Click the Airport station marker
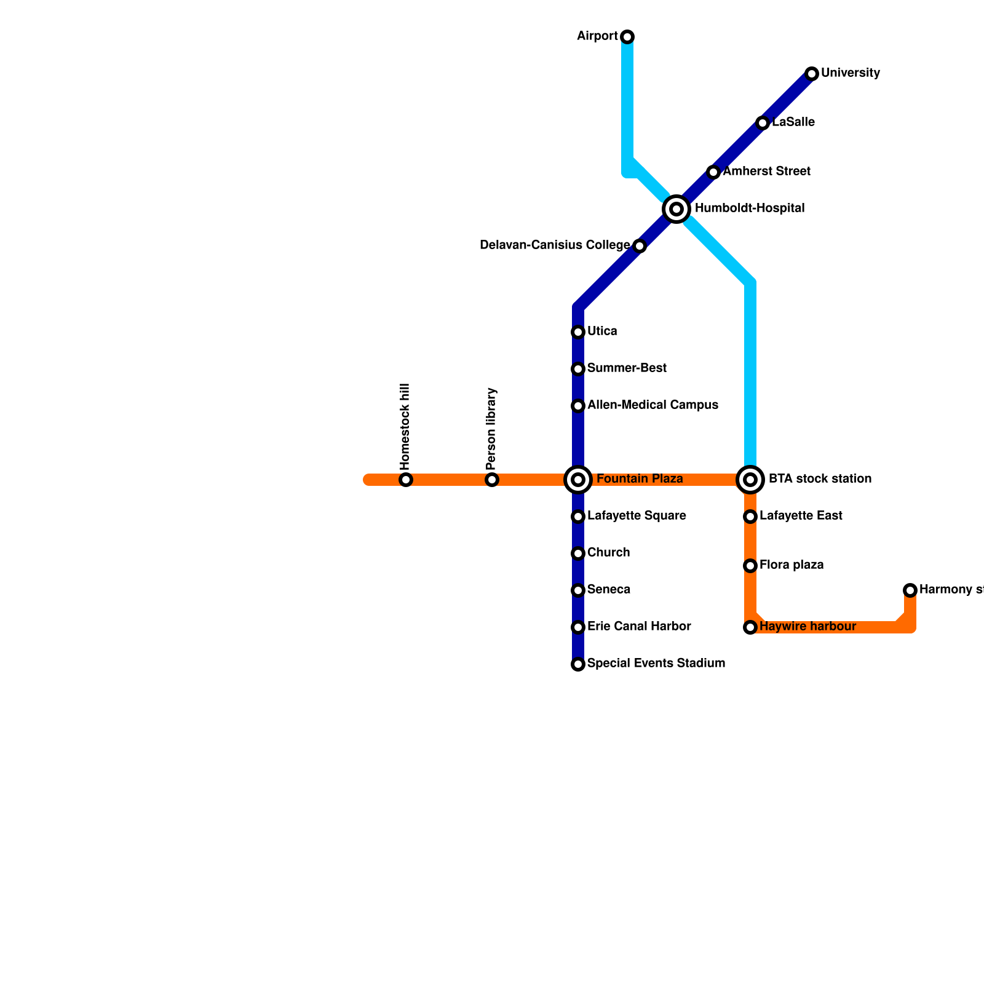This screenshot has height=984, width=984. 627,37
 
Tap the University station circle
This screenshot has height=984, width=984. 812,74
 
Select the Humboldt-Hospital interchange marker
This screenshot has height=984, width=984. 676,209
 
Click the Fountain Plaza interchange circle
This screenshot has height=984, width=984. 578,480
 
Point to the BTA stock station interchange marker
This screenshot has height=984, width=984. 750,480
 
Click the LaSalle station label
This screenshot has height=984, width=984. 793,122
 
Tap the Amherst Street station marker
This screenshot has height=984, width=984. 713,172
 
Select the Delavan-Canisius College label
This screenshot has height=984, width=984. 555,245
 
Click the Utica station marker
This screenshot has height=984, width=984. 578,332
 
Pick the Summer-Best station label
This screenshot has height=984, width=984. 627,368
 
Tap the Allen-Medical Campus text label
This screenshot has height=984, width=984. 653,405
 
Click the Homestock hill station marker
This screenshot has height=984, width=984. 406,480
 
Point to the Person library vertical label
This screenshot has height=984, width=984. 491,428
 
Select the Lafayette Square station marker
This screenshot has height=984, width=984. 578,517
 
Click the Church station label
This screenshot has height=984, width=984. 608,553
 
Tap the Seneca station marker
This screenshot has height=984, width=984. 578,590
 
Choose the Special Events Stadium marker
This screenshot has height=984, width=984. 578,664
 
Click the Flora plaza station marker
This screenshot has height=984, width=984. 750,566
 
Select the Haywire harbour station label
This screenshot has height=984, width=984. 807,627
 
